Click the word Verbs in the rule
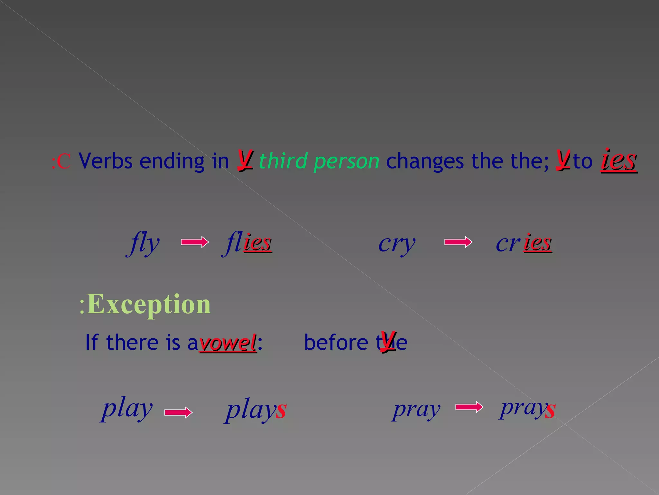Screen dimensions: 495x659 click(x=106, y=161)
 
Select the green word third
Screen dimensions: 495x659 click(x=283, y=161)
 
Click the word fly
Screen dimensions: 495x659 click(x=143, y=244)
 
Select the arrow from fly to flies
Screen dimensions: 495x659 click(x=195, y=242)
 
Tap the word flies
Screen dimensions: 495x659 click(x=247, y=243)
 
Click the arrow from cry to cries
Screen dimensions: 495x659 click(x=458, y=242)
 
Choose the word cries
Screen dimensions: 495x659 click(x=524, y=243)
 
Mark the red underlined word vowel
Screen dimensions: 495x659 click(x=228, y=343)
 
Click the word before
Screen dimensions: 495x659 click(x=336, y=342)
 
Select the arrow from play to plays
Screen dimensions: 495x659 click(x=178, y=412)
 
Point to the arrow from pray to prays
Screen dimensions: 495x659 click(x=469, y=407)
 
